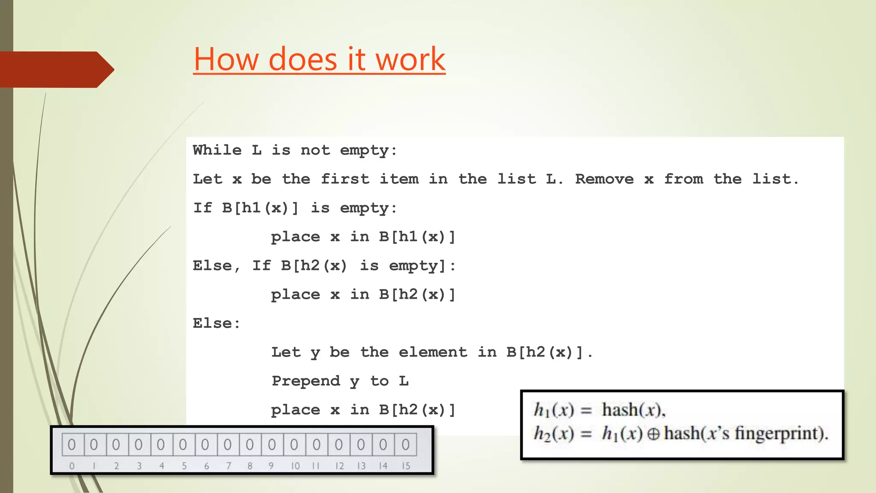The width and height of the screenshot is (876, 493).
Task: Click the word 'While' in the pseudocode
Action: point(217,150)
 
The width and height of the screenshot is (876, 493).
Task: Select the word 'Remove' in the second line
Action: point(604,179)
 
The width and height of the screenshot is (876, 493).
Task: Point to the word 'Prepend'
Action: point(306,381)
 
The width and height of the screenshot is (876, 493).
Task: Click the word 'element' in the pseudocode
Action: point(433,352)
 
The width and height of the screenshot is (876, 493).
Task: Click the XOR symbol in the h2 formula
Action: point(653,434)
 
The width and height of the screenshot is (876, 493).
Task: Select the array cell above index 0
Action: point(72,445)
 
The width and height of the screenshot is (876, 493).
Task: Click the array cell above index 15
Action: point(405,445)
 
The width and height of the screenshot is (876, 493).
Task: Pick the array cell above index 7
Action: point(228,445)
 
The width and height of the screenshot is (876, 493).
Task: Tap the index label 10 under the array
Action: point(295,466)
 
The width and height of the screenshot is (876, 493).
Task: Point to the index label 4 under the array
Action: point(162,466)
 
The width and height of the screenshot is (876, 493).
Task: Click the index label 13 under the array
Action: point(361,466)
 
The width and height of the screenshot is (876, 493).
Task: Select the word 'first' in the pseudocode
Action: point(345,179)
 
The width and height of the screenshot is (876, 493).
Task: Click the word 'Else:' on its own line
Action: point(216,324)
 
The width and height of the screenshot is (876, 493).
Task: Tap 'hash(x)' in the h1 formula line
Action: point(633,410)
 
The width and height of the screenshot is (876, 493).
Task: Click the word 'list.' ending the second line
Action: point(775,179)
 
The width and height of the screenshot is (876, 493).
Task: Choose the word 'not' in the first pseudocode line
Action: point(315,150)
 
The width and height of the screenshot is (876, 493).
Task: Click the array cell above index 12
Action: point(339,445)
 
